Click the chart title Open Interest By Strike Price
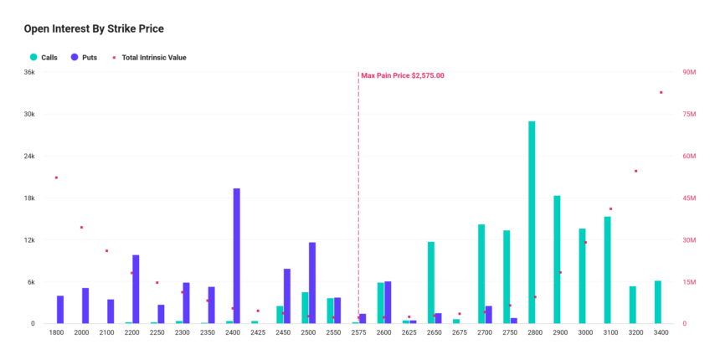(93, 28)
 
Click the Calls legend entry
(49, 58)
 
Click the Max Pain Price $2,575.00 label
(403, 75)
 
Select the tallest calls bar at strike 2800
(532, 222)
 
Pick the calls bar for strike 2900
(557, 260)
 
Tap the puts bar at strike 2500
(312, 283)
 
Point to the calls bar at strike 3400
(658, 302)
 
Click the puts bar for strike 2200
(136, 289)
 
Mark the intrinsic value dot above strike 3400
(661, 92)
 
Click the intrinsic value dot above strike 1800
(56, 177)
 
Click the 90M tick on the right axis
(691, 73)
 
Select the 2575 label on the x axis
(358, 332)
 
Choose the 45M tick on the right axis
(691, 198)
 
